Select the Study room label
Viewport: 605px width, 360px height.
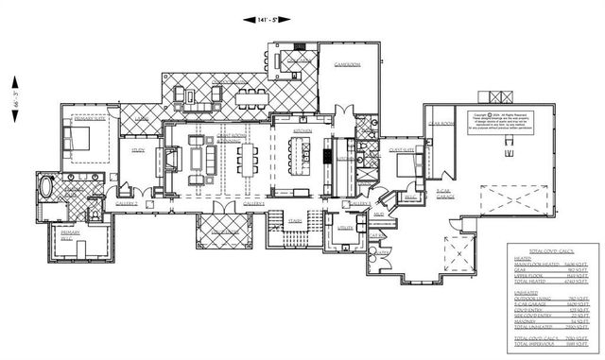(x=137, y=148)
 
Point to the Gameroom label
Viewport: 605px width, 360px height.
(x=347, y=66)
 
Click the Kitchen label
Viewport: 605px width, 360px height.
(x=303, y=130)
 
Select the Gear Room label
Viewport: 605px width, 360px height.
(x=441, y=124)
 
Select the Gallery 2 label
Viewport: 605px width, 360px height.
(x=126, y=202)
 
